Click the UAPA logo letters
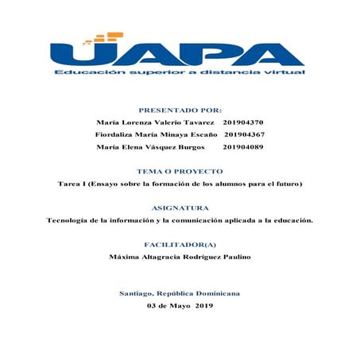coord(180,54)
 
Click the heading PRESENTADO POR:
coord(180,110)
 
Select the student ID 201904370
coord(244,123)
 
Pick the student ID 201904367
coord(246,135)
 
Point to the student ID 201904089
coord(243,147)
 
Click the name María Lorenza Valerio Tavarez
coord(155,123)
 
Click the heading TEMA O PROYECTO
coord(180,172)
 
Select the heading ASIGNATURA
coord(180,208)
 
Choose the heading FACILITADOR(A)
coord(180,245)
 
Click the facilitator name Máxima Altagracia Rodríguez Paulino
coord(180,257)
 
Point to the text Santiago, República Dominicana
coord(180,294)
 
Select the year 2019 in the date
coord(204,306)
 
